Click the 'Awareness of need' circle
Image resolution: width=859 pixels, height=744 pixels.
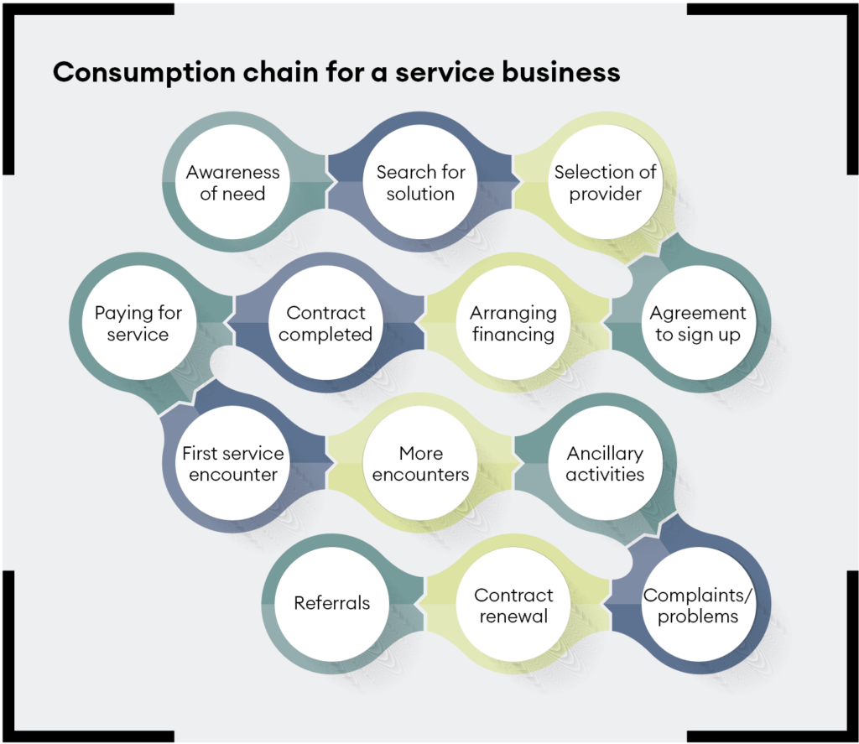pyautogui.click(x=232, y=183)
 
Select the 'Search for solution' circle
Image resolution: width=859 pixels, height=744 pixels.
pyautogui.click(x=420, y=183)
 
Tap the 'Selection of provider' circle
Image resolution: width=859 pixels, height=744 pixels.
pyautogui.click(x=605, y=183)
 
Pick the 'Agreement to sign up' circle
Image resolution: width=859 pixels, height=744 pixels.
pyautogui.click(x=698, y=324)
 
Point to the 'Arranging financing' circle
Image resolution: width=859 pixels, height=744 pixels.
pyautogui.click(x=513, y=324)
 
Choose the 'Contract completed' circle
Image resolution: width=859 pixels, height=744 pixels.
pyautogui.click(x=326, y=324)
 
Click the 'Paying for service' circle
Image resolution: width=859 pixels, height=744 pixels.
pyautogui.click(x=138, y=324)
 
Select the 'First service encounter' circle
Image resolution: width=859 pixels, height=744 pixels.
pyautogui.click(x=232, y=464)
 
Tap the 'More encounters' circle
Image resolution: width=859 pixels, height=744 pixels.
pyautogui.click(x=420, y=464)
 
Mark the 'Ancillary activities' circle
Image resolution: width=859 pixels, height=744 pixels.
pyautogui.click(x=605, y=464)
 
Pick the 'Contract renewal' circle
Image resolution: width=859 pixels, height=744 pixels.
pyautogui.click(x=513, y=606)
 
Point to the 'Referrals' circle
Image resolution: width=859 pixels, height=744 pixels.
pyautogui.click(x=331, y=604)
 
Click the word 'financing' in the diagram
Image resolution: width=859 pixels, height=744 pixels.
pyautogui.click(x=513, y=335)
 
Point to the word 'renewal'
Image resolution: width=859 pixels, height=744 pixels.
pyautogui.click(x=513, y=617)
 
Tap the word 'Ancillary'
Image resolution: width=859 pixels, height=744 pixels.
pyautogui.click(x=605, y=453)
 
